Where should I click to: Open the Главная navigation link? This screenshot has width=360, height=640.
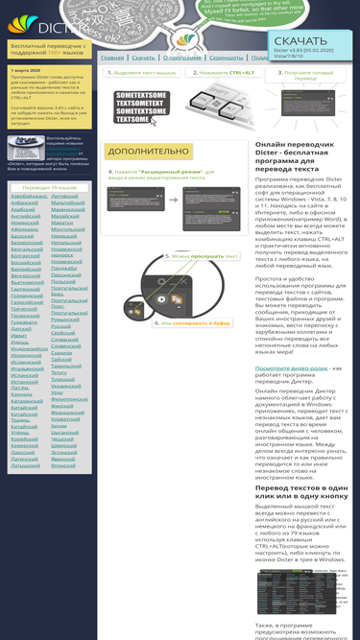pyautogui.click(x=112, y=58)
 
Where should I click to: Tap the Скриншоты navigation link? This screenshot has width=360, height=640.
pyautogui.click(x=227, y=58)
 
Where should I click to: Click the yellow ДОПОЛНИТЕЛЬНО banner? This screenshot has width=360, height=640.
pyautogui.click(x=149, y=152)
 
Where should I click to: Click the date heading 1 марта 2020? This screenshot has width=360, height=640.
pyautogui.click(x=28, y=70)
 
